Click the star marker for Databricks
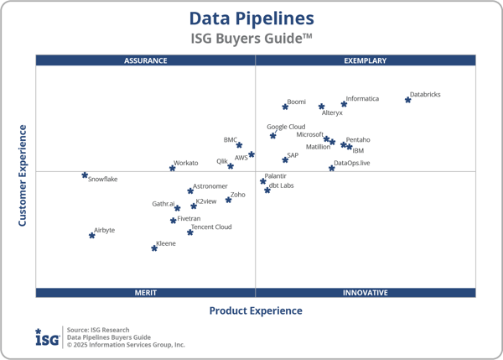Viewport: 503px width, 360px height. pyautogui.click(x=408, y=100)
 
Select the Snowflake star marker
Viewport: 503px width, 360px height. pyautogui.click(x=85, y=175)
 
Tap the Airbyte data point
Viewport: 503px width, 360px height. pyautogui.click(x=92, y=236)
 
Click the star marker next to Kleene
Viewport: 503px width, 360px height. pyautogui.click(x=154, y=248)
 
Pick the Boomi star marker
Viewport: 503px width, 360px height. pyautogui.click(x=285, y=107)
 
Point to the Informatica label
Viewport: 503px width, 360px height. pyautogui.click(x=362, y=99)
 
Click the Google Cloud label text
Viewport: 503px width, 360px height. pyautogui.click(x=286, y=127)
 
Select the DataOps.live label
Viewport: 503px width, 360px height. pyautogui.click(x=352, y=163)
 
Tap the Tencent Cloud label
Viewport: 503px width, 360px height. pyautogui.click(x=211, y=227)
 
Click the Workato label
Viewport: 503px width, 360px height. pyautogui.click(x=186, y=163)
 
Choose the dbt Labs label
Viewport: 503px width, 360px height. pyautogui.click(x=281, y=185)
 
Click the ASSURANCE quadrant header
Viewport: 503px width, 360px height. pyautogui.click(x=146, y=60)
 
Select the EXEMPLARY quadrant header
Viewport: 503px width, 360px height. pyautogui.click(x=366, y=60)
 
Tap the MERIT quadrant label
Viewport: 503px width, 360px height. pyautogui.click(x=146, y=293)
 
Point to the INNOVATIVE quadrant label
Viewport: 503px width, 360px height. pyautogui.click(x=366, y=293)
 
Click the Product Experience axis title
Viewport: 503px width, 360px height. pyautogui.click(x=256, y=310)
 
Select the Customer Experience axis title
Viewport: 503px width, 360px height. pyautogui.click(x=23, y=175)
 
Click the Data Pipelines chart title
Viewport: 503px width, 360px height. pyautogui.click(x=251, y=18)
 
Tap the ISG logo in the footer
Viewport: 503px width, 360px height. pyautogui.click(x=47, y=337)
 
